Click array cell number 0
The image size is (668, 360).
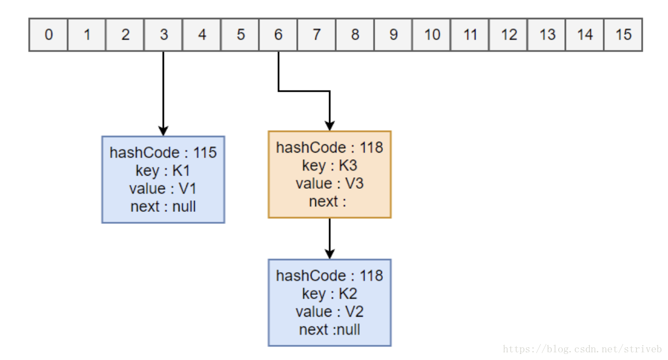(49, 35)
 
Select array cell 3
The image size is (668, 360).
(163, 35)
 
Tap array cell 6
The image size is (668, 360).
(279, 35)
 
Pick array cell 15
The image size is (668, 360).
(623, 35)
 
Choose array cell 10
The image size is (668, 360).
(432, 35)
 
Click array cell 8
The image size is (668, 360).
(355, 35)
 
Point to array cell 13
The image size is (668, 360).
(547, 35)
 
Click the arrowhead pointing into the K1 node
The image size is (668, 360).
(163, 131)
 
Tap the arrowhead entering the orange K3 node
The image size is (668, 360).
(330, 126)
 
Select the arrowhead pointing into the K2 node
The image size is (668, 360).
(330, 254)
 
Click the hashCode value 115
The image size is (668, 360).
(205, 153)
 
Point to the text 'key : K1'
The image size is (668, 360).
(163, 171)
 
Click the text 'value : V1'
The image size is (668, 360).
(163, 189)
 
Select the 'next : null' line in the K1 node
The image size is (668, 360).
(163, 206)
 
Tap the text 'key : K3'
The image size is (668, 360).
(330, 166)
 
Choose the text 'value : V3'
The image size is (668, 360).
(330, 184)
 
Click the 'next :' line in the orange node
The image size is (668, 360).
(327, 201)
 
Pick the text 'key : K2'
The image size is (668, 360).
(330, 294)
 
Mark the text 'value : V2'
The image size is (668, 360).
(330, 312)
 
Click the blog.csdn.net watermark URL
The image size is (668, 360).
(582, 349)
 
